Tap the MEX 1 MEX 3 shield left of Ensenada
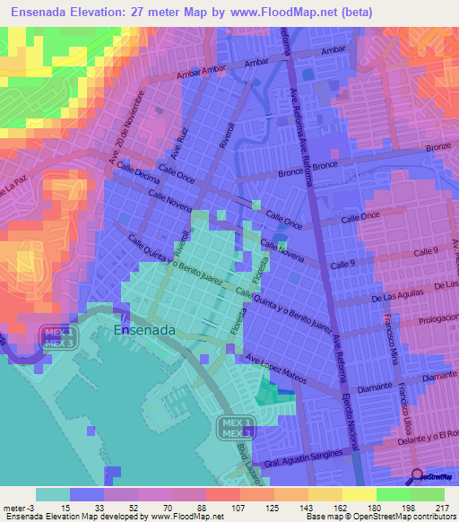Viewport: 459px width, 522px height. [x=59, y=337]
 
